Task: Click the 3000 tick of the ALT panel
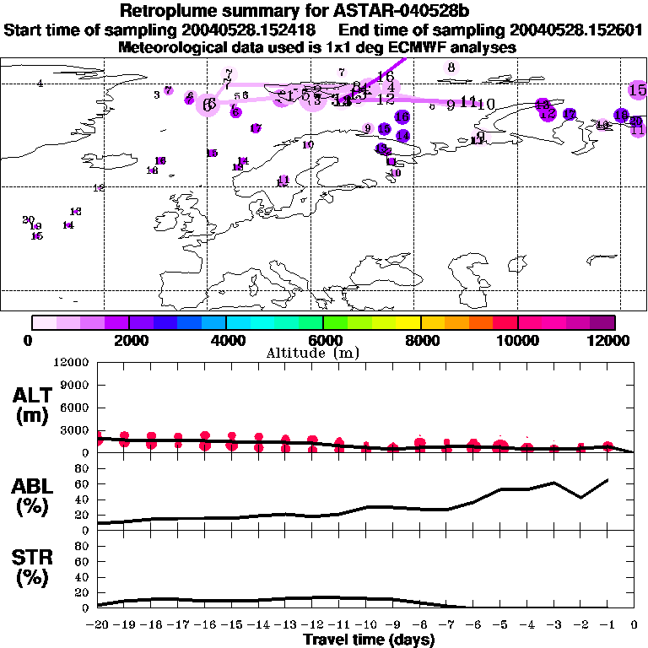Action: click(x=73, y=430)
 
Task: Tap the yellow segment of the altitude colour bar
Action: click(x=408, y=321)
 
